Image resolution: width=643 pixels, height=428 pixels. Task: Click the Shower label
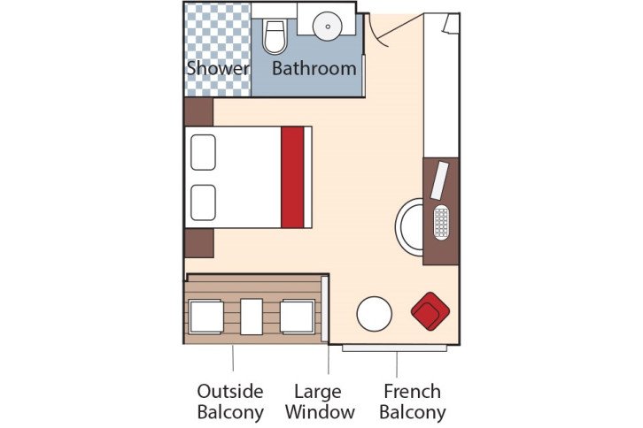[x=217, y=68]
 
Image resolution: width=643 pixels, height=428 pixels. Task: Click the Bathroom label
[x=314, y=68]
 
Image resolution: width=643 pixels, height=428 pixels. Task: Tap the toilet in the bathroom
[x=275, y=35]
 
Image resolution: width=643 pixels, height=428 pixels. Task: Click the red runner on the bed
[x=292, y=178]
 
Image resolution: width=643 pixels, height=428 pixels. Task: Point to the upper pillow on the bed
[x=204, y=151]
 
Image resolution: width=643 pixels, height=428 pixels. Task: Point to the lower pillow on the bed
[x=204, y=203]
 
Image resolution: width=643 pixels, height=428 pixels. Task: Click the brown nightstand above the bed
[x=198, y=111]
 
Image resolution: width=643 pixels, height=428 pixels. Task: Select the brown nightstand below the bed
[x=198, y=243]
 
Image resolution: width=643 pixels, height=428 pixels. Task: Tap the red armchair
[x=431, y=310]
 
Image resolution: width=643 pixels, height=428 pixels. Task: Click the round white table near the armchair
[x=374, y=314]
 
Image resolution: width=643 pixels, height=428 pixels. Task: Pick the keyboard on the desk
[x=443, y=221]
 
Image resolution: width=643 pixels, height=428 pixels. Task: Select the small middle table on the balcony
[x=252, y=317]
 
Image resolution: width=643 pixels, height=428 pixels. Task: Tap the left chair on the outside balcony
[x=206, y=317]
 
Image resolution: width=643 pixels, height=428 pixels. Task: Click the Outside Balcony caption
[x=230, y=401]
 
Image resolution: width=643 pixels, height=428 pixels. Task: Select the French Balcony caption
[x=412, y=401]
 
